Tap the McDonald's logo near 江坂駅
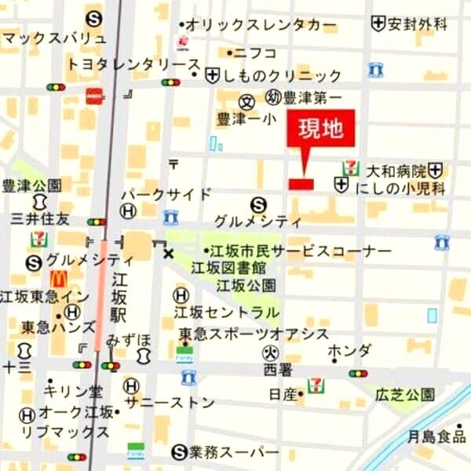pos(58,279)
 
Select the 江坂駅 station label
pos(119,298)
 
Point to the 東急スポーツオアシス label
pos(253,333)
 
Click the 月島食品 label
pos(436,436)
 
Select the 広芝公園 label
pos(404,393)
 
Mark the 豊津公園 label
pos(31,185)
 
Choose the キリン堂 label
pos(74,390)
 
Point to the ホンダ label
pos(349,350)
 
